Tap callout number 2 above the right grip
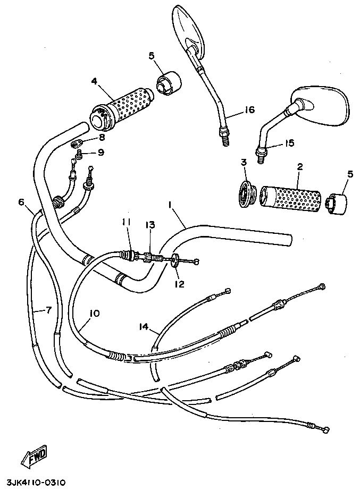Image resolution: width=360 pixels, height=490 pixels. click(299, 167)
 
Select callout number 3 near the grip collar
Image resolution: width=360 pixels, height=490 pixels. click(244, 163)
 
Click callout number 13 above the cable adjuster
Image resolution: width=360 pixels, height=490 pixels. click(150, 225)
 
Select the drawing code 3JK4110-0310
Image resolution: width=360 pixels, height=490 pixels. click(37, 483)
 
